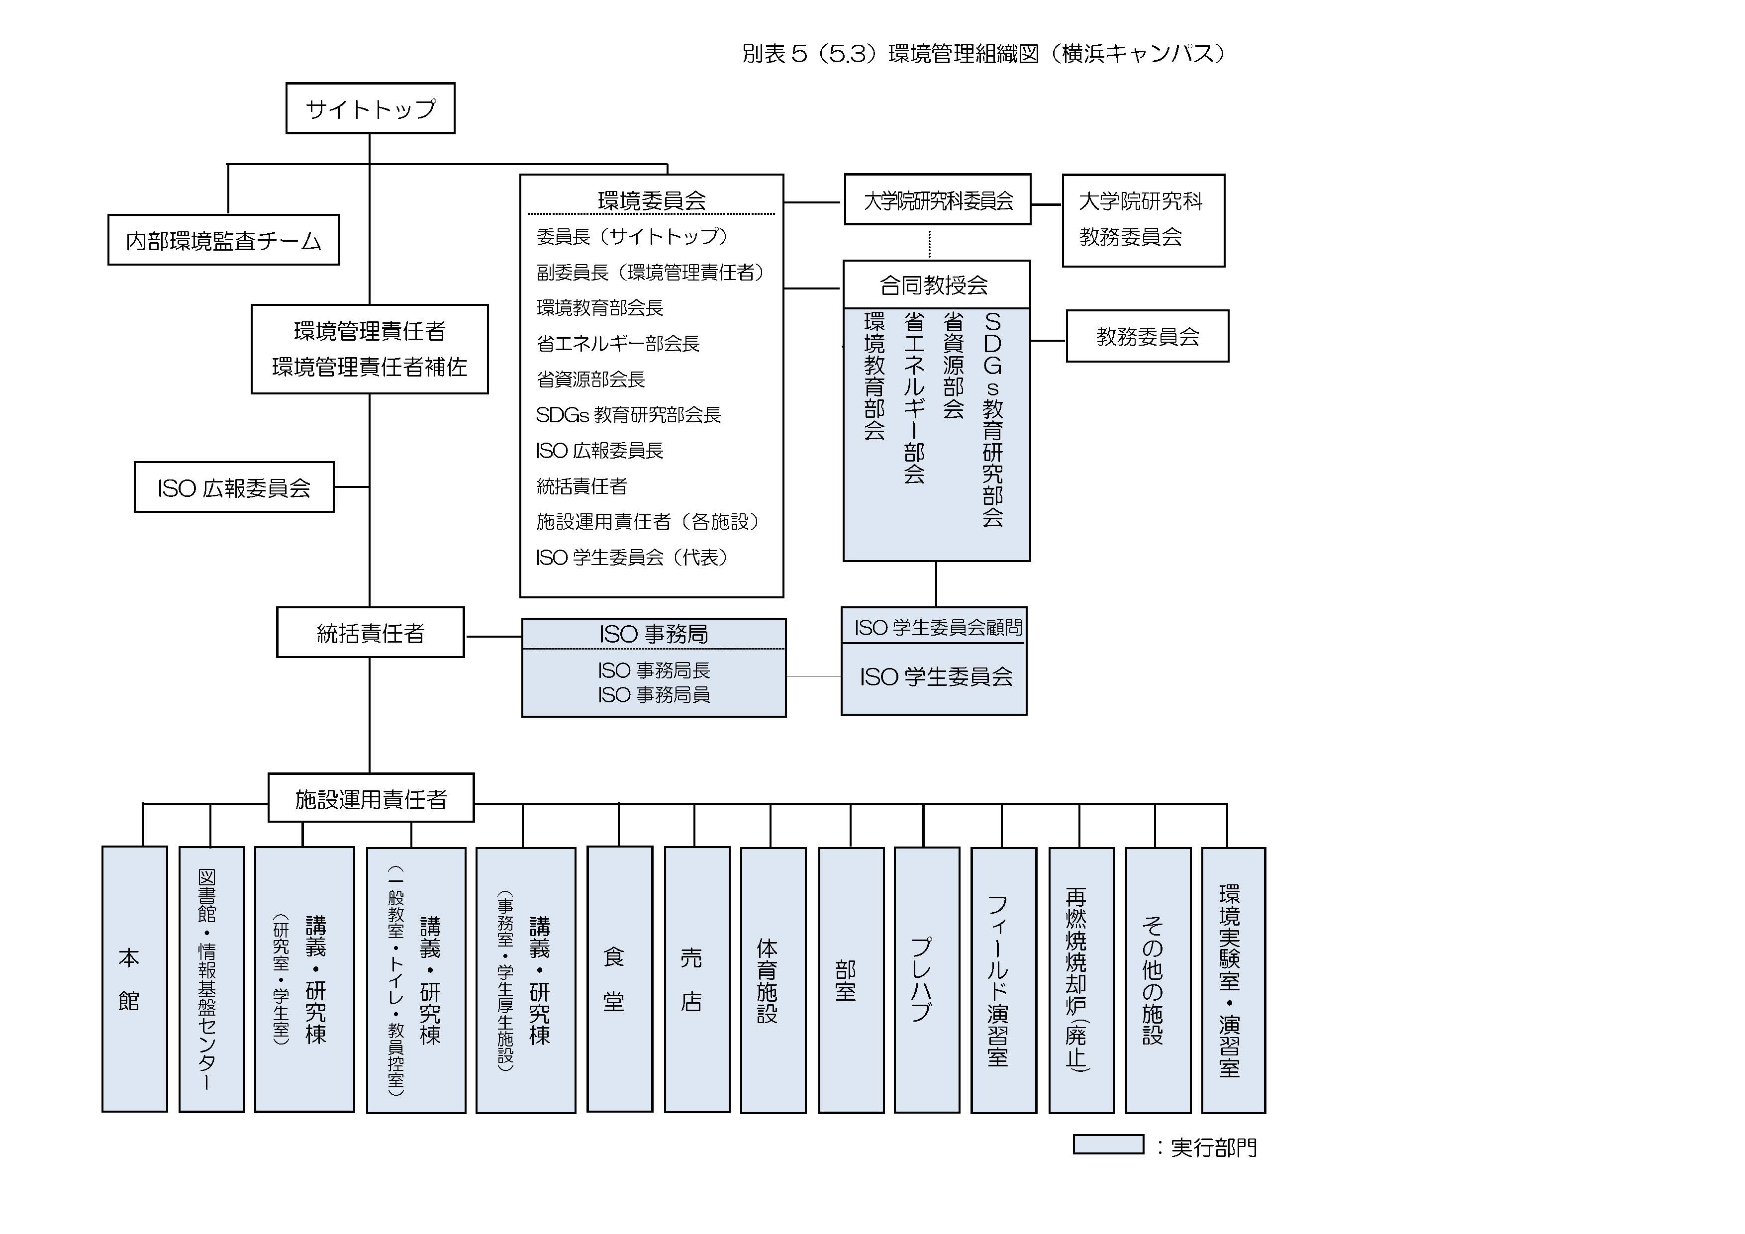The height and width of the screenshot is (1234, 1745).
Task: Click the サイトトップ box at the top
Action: click(370, 108)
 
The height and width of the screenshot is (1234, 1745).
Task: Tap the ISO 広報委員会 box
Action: click(234, 487)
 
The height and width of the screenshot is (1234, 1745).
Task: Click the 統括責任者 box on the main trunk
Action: click(370, 632)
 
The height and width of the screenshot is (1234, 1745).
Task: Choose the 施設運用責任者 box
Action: click(371, 798)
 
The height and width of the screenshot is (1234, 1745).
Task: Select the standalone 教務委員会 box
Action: click(1148, 336)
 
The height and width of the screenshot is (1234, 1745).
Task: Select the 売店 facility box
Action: click(697, 979)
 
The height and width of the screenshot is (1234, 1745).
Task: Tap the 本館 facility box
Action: click(134, 979)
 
